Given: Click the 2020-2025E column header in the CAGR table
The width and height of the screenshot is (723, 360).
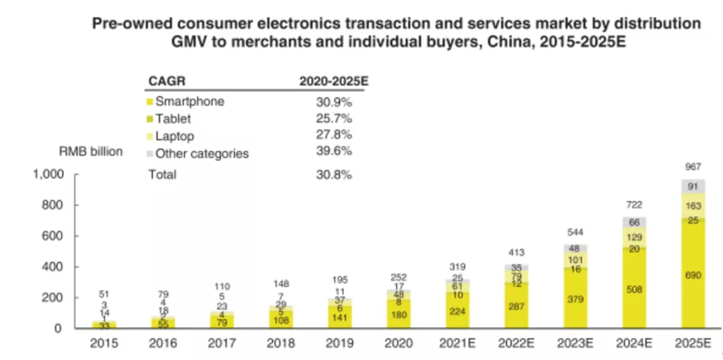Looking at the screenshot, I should click(x=334, y=80).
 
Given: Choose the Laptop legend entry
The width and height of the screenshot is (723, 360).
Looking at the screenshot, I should click(x=174, y=135).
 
